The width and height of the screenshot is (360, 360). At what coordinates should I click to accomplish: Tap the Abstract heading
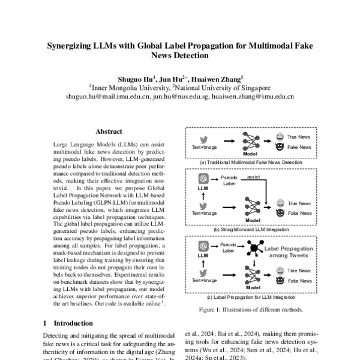point(109,131)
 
